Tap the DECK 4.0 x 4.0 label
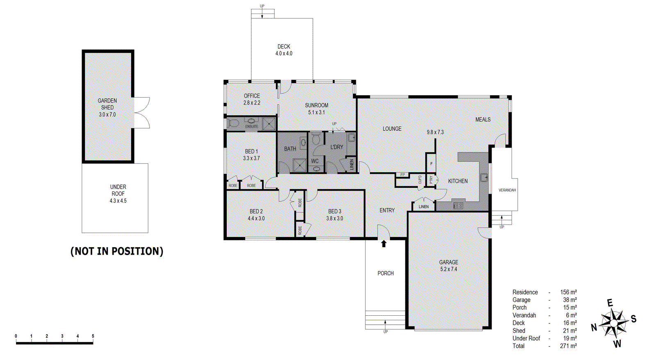[284, 50]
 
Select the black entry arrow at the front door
[384, 244]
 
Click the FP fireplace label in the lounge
[403, 175]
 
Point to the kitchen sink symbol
[484, 178]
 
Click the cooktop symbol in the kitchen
[458, 205]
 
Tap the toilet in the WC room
[316, 139]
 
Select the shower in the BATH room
[300, 166]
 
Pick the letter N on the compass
[594, 327]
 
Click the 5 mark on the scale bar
[93, 336]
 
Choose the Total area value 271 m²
[568, 346]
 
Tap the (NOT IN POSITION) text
[117, 251]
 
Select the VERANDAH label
[507, 190]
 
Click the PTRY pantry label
[431, 180]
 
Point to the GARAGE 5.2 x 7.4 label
[449, 266]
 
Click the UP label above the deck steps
[262, 6]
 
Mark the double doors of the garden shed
[141, 113]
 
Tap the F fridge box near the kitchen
[431, 164]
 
